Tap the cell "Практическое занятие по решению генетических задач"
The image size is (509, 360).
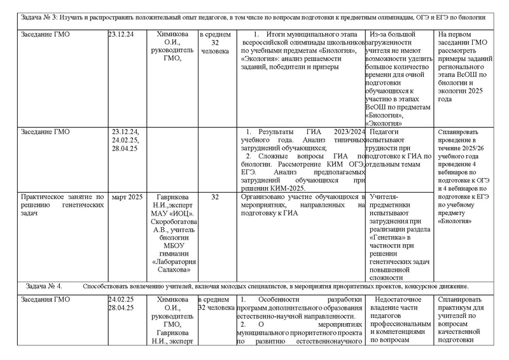(63, 205)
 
